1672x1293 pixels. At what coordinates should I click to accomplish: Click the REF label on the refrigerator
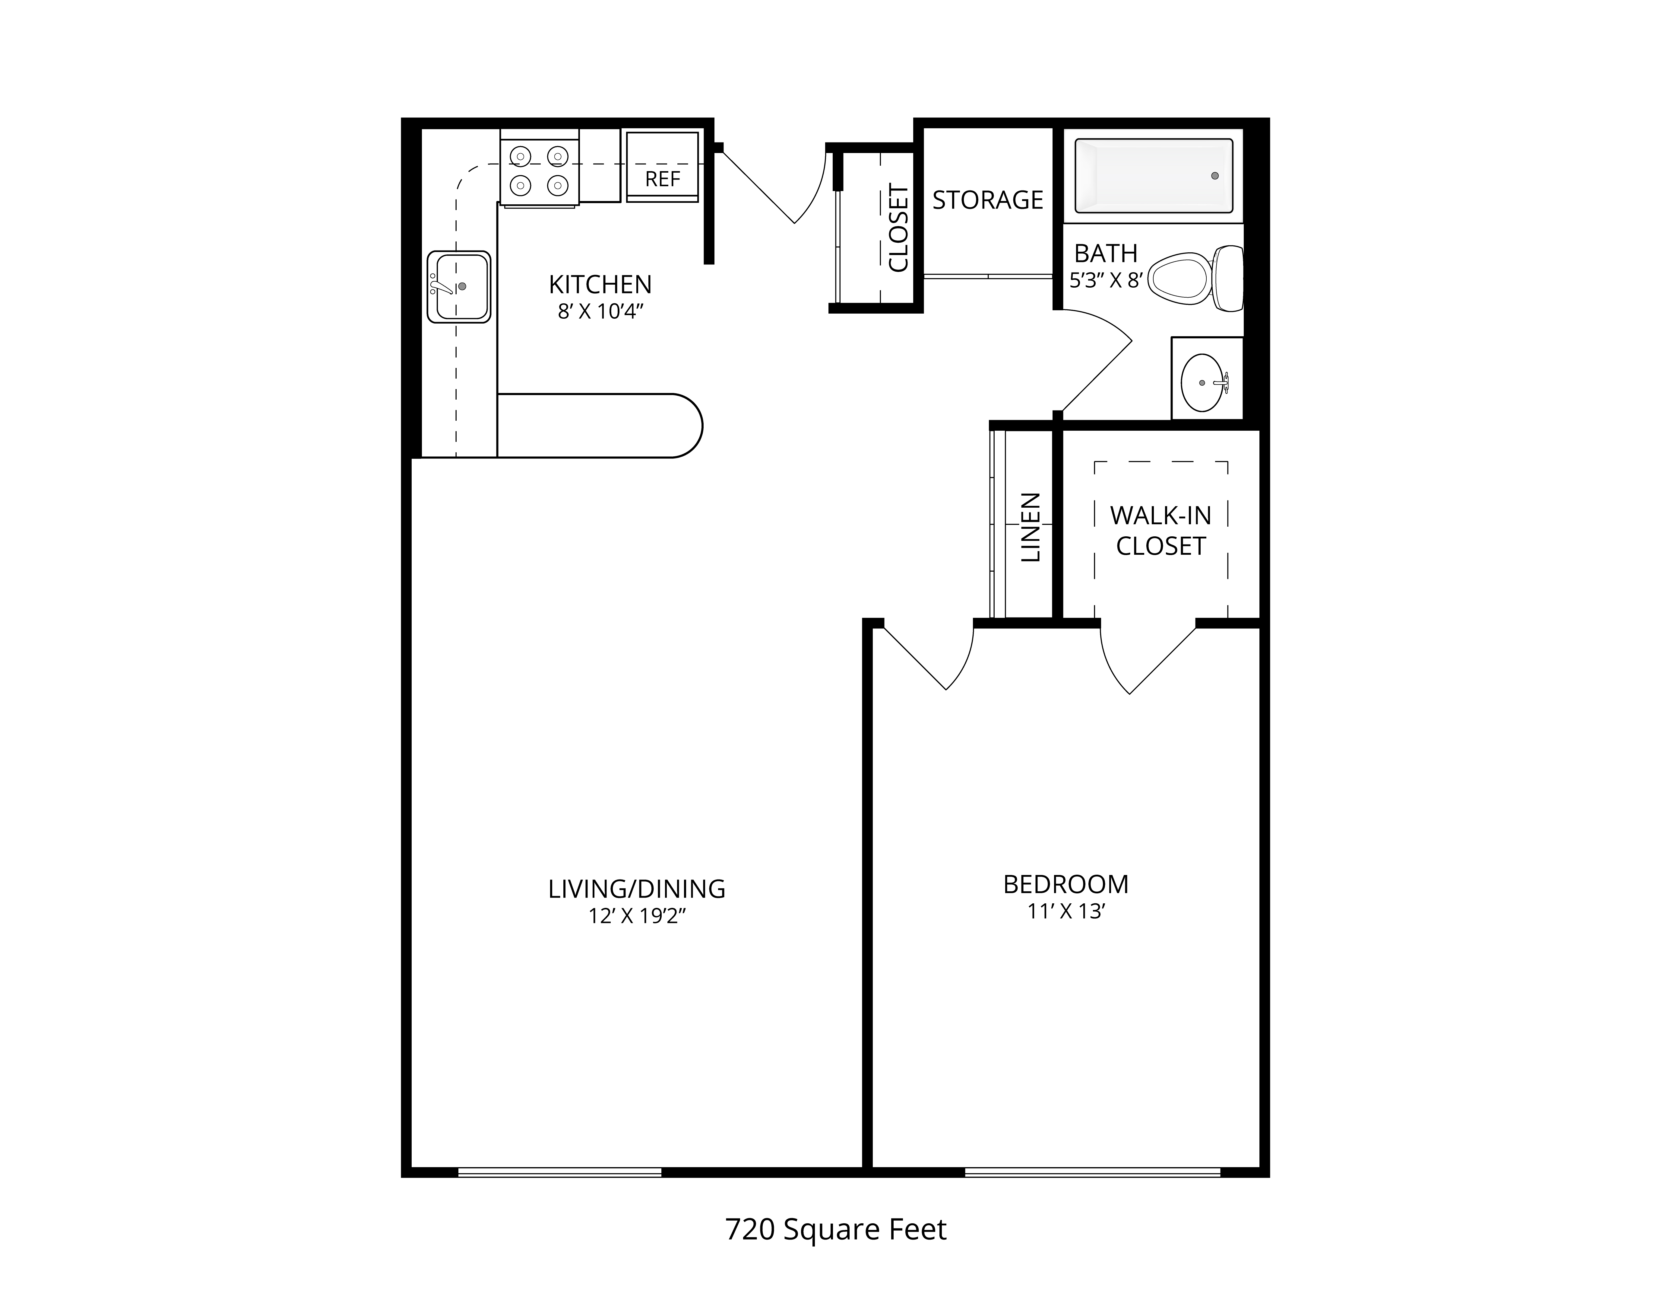click(662, 179)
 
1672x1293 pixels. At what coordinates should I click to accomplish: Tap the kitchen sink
click(459, 286)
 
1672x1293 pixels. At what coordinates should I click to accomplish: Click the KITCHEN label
click(600, 285)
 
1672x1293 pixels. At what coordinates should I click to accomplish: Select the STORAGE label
click(988, 200)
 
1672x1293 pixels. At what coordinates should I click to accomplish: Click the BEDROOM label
click(1066, 885)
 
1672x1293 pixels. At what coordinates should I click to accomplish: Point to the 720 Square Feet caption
click(836, 1229)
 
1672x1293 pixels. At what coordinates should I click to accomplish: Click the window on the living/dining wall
click(560, 1172)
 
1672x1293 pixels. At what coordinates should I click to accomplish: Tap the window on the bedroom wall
click(1092, 1172)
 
